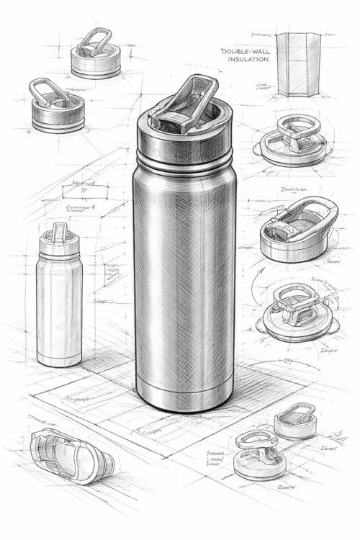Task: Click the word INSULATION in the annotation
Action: pos(248,60)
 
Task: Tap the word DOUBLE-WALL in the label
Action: pos(245,51)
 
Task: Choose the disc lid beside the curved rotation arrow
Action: pos(296,312)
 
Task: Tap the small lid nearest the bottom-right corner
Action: pos(296,422)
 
